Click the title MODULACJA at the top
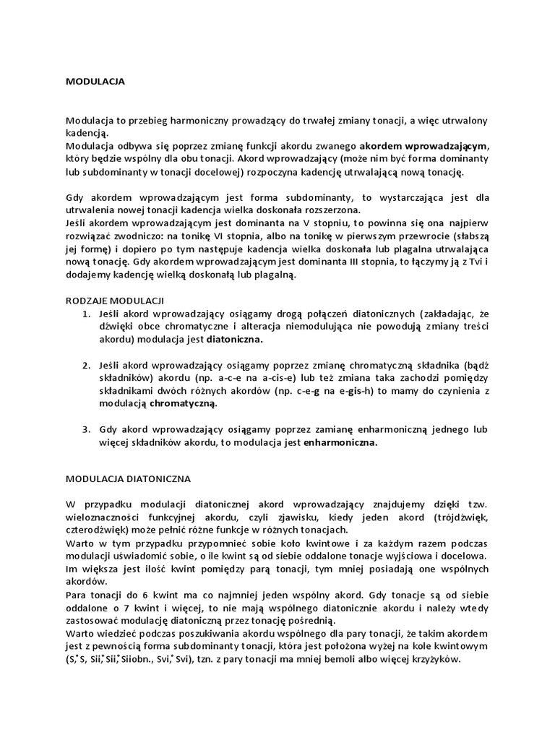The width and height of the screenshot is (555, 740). point(95,82)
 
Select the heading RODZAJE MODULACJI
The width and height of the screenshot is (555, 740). point(115,299)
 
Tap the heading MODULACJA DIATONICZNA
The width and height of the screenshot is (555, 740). point(127,478)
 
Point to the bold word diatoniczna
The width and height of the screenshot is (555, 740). point(235,338)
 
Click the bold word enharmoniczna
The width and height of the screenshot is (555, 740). point(340,442)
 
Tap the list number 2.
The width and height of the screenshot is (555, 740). point(85,364)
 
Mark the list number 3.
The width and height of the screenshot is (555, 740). point(85,429)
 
